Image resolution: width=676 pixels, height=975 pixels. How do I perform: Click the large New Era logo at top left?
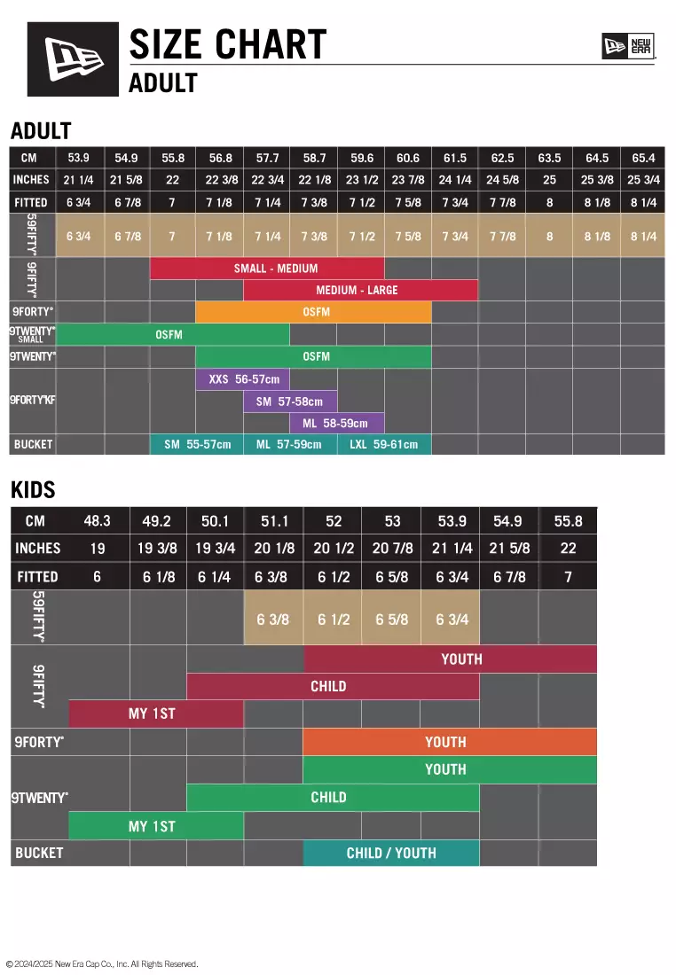point(73,58)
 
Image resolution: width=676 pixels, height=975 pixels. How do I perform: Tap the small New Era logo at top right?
point(628,45)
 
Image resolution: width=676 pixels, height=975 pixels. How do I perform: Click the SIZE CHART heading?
point(228,44)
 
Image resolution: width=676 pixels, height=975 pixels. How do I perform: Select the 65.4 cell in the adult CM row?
point(642,158)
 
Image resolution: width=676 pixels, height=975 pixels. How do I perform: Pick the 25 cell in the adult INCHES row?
point(549,180)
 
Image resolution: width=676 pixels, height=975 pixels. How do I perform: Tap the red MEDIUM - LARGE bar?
point(360,290)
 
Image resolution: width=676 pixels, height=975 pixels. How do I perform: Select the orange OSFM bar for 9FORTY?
point(313,312)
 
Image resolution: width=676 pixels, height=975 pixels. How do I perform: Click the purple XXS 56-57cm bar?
point(243,379)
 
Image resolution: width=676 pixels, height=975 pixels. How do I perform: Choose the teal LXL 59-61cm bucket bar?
point(384,444)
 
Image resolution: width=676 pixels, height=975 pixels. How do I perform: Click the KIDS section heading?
point(33,489)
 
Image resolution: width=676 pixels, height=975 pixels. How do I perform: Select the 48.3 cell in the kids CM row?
point(97,521)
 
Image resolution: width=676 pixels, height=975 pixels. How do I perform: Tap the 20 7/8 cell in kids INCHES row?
point(392,549)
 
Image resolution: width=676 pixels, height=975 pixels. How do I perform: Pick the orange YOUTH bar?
point(449,742)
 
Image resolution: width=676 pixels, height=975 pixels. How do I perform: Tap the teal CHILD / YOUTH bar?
point(391,854)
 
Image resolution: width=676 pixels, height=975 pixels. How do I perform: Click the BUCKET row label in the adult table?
point(33,444)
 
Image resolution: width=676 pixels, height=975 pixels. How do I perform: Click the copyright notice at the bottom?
point(102,964)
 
